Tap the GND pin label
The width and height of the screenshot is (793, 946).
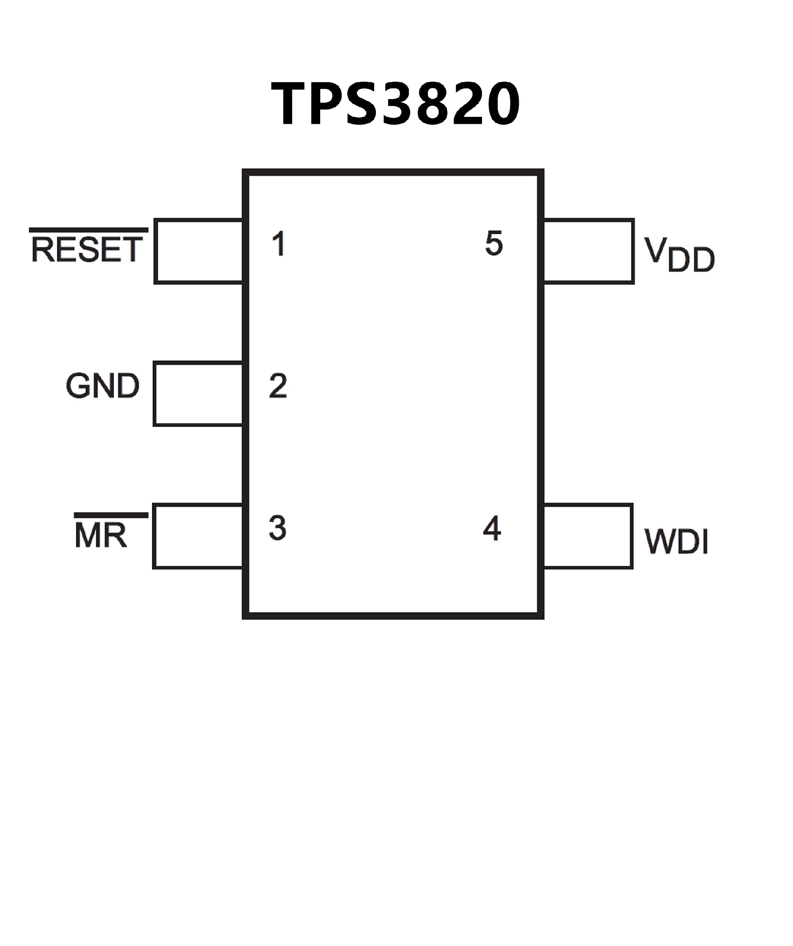(103, 386)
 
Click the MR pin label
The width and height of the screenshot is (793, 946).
(101, 536)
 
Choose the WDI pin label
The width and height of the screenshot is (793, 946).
(676, 541)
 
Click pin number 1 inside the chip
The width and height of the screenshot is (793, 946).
(279, 244)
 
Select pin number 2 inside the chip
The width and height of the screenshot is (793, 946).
(278, 386)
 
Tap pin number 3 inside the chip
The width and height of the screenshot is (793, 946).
(278, 528)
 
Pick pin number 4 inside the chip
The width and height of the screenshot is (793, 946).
(492, 528)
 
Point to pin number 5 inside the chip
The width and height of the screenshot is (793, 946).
(494, 244)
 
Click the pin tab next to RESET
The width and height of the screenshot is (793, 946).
(199, 251)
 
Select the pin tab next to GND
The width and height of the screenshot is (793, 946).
(198, 393)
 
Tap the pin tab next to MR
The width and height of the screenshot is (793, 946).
(198, 536)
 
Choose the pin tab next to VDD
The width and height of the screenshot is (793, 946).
(589, 251)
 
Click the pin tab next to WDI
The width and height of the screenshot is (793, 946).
(588, 536)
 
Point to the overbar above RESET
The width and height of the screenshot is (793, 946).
(89, 230)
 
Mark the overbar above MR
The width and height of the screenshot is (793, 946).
(111, 515)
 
